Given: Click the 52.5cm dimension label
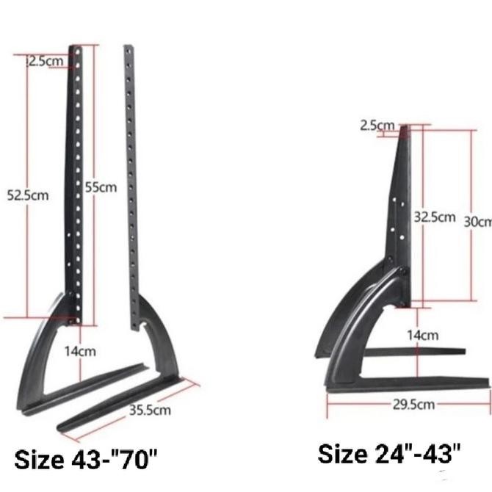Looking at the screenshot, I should point(28,196).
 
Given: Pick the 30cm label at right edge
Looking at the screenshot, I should point(477,221).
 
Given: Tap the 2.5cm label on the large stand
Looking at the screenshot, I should point(46,61).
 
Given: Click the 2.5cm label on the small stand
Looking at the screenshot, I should point(377,126).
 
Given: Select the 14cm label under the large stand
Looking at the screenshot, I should point(79,351).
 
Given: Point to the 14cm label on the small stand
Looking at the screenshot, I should point(422,336).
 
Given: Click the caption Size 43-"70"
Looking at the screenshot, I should point(86,461).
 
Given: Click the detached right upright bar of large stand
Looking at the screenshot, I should point(131,184).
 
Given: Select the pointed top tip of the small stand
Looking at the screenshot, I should point(404,131).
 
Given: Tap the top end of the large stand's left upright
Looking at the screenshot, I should point(75,50).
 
